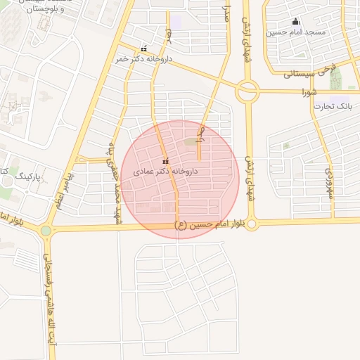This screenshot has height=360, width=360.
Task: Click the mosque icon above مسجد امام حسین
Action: point(295,21)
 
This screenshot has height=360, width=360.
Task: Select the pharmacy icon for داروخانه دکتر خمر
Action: point(144,49)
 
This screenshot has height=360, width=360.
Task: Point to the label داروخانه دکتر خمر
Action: point(143,60)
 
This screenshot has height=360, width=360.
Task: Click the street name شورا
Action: point(310,92)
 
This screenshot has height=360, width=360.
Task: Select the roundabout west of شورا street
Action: point(247,91)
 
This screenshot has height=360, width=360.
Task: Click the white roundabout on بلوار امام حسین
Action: point(252,224)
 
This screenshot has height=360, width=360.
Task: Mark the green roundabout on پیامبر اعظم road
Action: point(46,230)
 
